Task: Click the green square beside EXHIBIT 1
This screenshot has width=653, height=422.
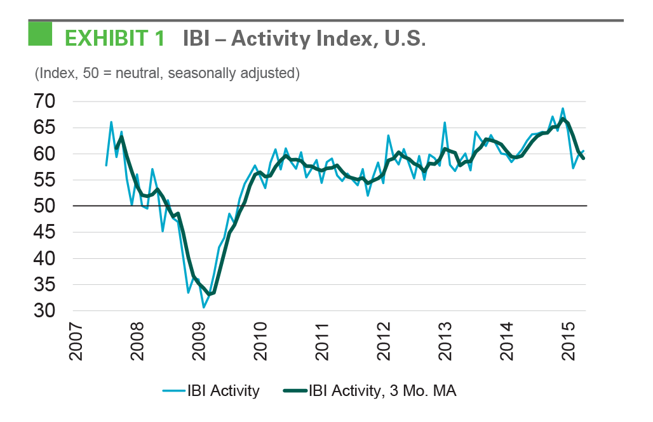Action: [40, 34]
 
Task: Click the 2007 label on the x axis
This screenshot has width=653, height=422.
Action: [75, 342]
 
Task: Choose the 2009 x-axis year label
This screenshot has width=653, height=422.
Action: [198, 342]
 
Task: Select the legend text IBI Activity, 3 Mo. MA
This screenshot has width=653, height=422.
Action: [382, 391]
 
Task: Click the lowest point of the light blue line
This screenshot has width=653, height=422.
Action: [203, 308]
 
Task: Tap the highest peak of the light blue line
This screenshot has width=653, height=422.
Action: [563, 108]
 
